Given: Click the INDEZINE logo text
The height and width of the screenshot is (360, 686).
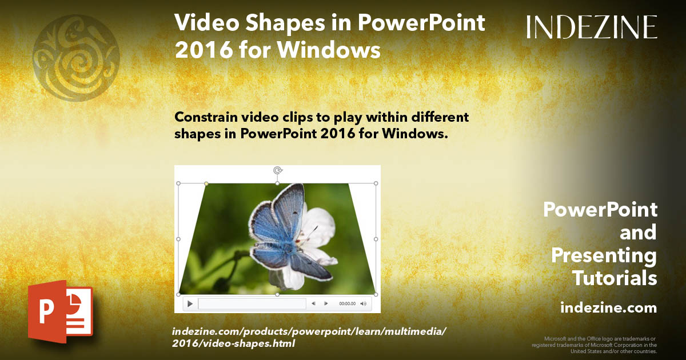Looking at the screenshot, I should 592,27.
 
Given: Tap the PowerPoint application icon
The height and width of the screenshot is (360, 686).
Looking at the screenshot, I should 60,311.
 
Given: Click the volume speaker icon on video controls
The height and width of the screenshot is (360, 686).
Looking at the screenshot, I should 364,304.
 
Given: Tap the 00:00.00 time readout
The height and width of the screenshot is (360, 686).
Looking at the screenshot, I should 347,304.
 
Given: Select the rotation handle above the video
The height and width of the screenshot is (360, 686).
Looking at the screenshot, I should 278,170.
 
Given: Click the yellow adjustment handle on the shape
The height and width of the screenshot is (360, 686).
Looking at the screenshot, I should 206,183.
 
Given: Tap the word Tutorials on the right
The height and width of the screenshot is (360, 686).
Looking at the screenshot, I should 615,278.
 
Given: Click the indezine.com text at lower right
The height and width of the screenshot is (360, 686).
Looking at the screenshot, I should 608,308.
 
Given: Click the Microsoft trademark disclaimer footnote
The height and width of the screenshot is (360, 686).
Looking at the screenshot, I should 594,345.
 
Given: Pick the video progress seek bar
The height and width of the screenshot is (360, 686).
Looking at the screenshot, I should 252,304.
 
